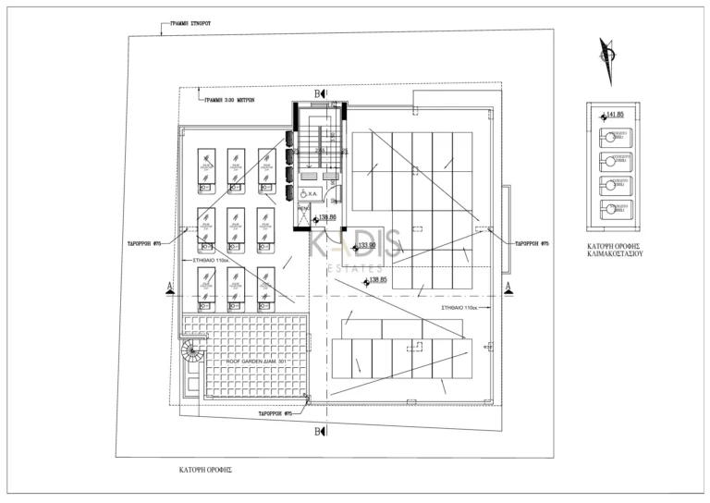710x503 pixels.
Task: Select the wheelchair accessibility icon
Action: tap(307, 194)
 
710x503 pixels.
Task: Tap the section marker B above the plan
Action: tap(319, 94)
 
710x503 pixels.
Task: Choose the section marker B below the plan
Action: tap(319, 432)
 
